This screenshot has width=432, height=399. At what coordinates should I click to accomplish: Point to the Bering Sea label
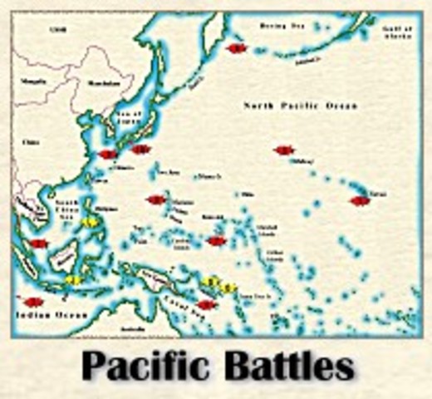[x=282, y=27]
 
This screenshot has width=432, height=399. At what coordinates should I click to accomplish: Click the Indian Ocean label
[x=42, y=315]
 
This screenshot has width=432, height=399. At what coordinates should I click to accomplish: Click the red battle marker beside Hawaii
[x=359, y=200]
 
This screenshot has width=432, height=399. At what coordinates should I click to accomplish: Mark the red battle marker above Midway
[x=284, y=150]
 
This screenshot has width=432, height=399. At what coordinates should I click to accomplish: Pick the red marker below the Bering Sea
[x=237, y=49]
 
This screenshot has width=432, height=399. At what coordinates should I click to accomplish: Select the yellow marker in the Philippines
[x=88, y=223]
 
